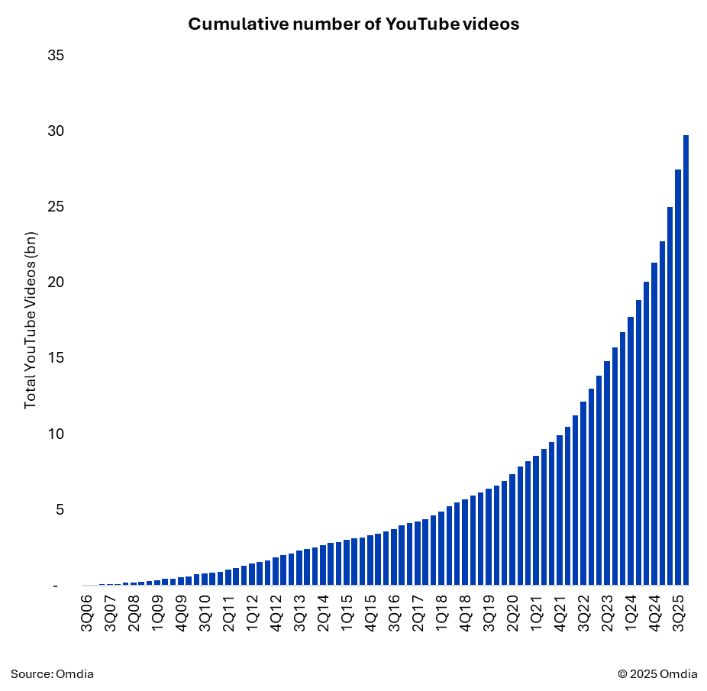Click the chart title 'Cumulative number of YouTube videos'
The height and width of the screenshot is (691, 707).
pyautogui.click(x=353, y=24)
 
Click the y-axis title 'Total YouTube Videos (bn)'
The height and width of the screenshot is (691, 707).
pyautogui.click(x=31, y=320)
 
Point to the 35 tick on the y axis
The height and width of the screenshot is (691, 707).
pyautogui.click(x=55, y=56)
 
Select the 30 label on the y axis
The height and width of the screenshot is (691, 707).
pyautogui.click(x=55, y=131)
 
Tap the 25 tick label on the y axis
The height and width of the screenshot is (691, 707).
pyautogui.click(x=55, y=207)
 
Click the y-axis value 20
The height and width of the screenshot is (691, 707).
pyautogui.click(x=55, y=283)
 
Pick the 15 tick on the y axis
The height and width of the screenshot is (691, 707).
pyautogui.click(x=55, y=358)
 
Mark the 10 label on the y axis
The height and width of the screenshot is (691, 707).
pyautogui.click(x=55, y=434)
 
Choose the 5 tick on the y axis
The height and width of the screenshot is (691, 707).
pyautogui.click(x=59, y=509)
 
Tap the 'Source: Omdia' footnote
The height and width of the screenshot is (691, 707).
pyautogui.click(x=52, y=673)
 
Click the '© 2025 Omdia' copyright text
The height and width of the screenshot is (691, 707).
pyautogui.click(x=657, y=673)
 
